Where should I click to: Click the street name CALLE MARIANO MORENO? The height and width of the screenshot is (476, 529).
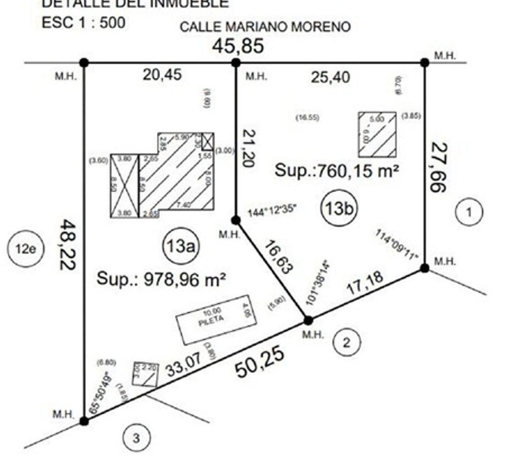pos(265,27)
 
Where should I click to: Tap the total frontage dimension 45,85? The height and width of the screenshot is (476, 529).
pos(238,46)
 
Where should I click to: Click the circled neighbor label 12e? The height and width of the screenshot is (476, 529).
pos(25,249)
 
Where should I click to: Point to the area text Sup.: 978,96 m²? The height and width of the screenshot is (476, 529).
pos(161,279)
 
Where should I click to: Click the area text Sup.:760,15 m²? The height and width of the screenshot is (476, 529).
pos(337,170)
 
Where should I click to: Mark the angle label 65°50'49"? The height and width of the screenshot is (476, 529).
pos(100,392)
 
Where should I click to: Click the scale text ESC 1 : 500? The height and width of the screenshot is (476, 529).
pos(83,22)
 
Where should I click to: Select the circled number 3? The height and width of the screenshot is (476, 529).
pos(136,439)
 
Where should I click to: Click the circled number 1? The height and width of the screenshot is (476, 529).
pos(469,212)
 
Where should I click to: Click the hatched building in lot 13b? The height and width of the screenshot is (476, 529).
pos(377,134)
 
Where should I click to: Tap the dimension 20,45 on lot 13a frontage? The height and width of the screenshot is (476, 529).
pos(162,74)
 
